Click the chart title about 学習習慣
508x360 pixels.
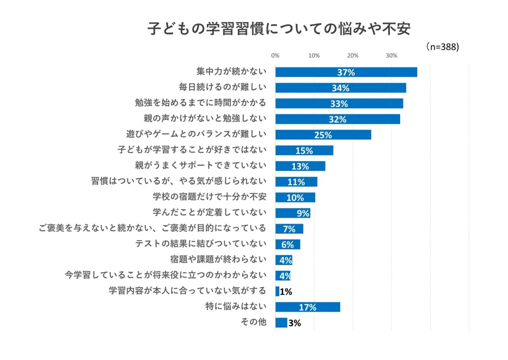point(279,29)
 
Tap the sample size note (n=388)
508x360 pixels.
point(442,47)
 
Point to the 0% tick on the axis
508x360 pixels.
point(275,56)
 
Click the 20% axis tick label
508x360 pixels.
point(353,56)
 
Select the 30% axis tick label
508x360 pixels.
point(392,56)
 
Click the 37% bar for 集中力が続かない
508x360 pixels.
point(346,72)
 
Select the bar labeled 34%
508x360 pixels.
point(340,88)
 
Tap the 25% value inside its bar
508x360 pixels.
point(323,135)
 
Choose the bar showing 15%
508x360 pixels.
point(304,150)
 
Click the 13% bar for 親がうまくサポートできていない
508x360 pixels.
point(300,166)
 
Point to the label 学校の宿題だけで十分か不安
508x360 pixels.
point(209,197)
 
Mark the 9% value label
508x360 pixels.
point(303,213)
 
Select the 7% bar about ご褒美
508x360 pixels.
point(289,229)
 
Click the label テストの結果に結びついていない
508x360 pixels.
point(201,244)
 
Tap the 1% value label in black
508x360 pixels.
point(286,292)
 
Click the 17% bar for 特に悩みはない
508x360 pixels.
point(307,307)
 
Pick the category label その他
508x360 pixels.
point(254,322)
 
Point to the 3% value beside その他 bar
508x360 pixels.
point(294,323)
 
